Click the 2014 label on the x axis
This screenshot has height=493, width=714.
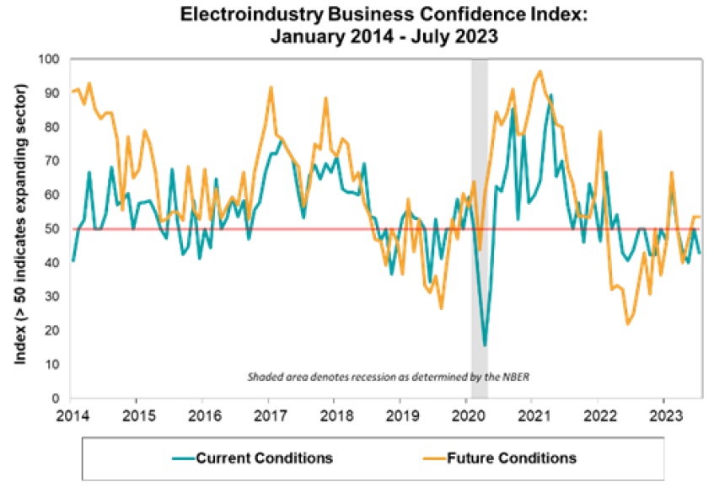(71, 415)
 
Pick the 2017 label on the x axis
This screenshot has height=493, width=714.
(268, 415)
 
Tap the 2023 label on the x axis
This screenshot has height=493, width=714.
(663, 415)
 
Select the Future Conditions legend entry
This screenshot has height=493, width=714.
(515, 458)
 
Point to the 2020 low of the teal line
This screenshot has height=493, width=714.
(485, 346)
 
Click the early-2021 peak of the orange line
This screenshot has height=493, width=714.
(540, 71)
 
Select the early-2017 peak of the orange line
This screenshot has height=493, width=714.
(271, 87)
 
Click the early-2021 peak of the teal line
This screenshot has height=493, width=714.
(551, 95)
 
